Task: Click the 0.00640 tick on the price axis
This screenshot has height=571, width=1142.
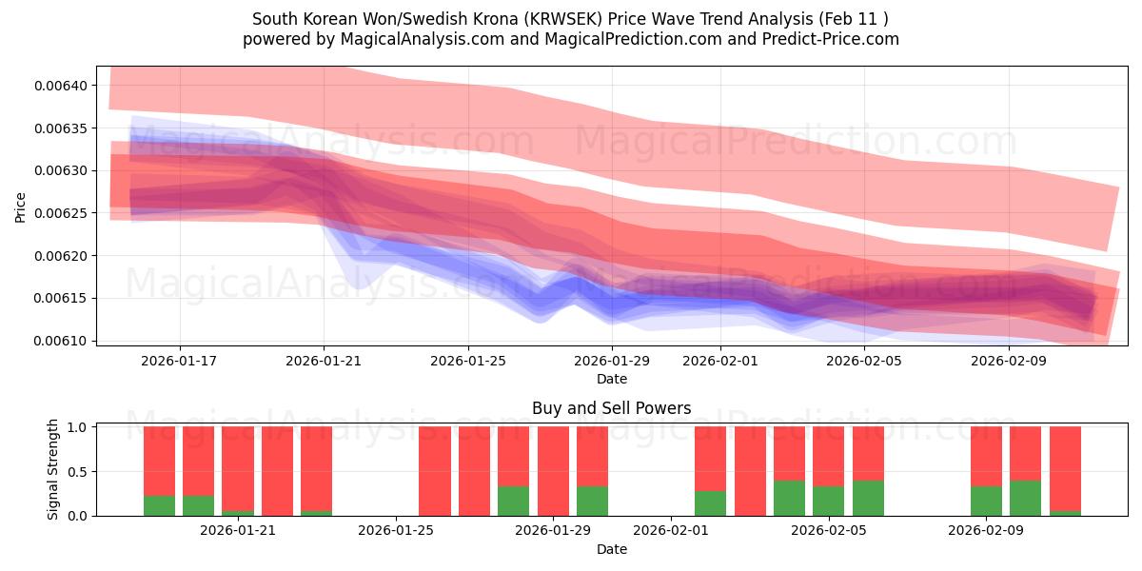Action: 61,86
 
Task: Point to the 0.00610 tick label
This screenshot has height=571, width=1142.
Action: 61,341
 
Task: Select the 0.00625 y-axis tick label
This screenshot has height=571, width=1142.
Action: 61,213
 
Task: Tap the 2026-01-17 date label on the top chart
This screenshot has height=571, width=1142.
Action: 180,361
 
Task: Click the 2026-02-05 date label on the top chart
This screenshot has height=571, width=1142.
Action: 863,361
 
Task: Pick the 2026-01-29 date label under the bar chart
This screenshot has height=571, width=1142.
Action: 553,531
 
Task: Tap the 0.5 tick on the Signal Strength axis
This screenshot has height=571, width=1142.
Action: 77,472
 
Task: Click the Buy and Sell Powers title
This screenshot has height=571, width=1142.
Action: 611,408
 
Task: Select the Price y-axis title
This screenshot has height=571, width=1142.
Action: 21,207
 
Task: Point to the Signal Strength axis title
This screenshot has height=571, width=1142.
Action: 53,468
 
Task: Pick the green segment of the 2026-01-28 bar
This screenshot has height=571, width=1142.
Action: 513,502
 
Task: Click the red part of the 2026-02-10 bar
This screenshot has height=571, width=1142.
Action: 1025,452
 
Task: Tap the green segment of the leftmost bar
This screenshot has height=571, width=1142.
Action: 159,505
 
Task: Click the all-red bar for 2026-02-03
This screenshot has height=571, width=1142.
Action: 750,471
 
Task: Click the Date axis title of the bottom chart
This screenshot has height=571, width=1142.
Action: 611,549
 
